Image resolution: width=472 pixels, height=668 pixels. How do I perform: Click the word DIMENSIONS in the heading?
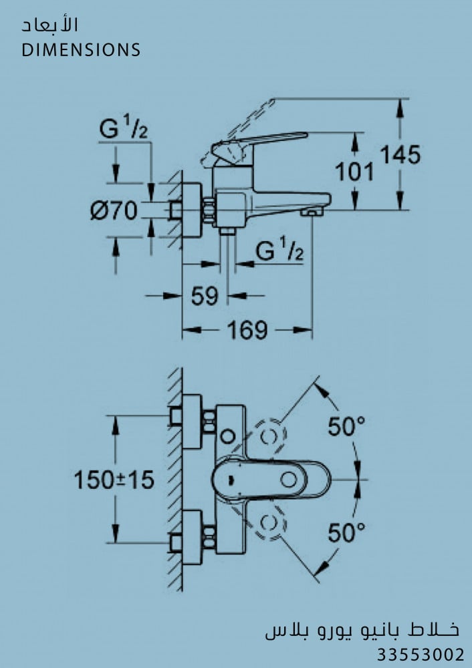[81, 50]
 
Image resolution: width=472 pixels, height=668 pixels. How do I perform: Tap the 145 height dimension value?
[400, 154]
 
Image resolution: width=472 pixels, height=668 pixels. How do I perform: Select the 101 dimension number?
[354, 172]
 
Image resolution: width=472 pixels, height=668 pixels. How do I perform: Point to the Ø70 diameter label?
[114, 210]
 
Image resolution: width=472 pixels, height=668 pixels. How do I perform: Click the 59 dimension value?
[205, 296]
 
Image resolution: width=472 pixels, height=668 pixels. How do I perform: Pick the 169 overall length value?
[247, 330]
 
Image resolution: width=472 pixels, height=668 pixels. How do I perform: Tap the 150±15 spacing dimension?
[114, 480]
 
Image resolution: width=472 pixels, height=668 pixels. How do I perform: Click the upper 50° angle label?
[346, 426]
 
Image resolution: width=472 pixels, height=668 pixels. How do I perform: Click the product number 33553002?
[421, 655]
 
